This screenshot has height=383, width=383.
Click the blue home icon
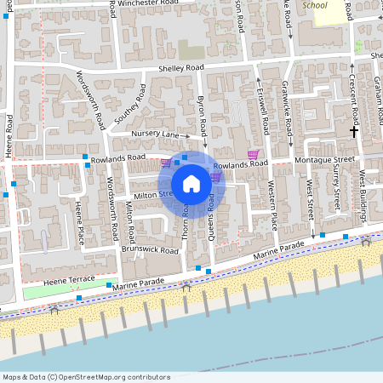pyautogui.click(x=191, y=184)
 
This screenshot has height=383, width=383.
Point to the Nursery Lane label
pyautogui.click(x=155, y=134)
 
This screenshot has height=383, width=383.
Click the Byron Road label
pyautogui.click(x=203, y=111)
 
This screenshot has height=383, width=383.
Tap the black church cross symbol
pyautogui.click(x=354, y=132)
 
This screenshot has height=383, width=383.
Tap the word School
pyautogui.click(x=314, y=5)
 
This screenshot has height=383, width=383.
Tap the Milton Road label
pyautogui.click(x=130, y=219)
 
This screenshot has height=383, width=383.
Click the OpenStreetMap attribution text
pyautogui.click(x=87, y=376)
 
